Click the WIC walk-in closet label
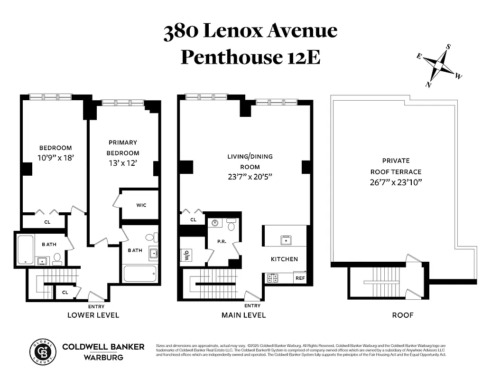point(141,205)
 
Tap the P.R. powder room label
point(221,241)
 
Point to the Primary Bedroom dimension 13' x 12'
point(123,163)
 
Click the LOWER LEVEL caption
point(93,315)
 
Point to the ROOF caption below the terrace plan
point(403,315)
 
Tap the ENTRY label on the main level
point(252,305)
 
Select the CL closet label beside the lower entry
point(65,293)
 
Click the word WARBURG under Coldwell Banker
point(103,357)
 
